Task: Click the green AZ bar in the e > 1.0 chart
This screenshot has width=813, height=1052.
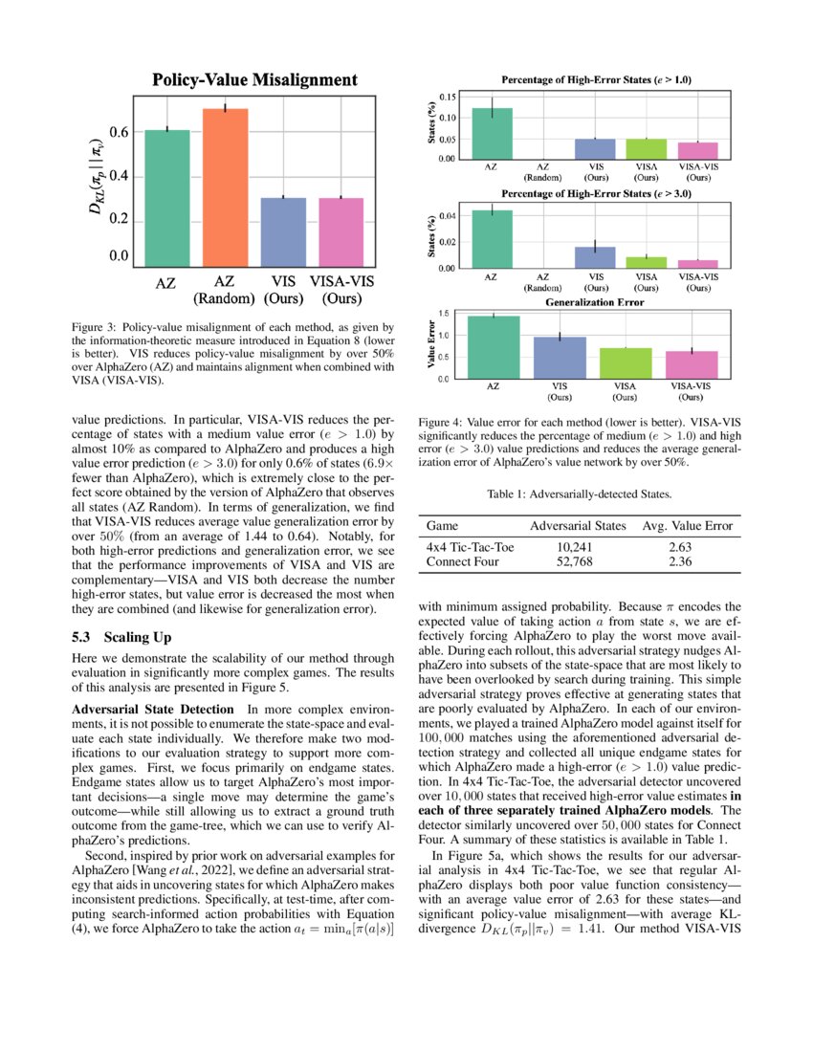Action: pos(492,134)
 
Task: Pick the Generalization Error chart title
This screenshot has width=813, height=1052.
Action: pos(595,302)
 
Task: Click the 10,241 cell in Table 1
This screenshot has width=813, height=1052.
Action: pos(578,547)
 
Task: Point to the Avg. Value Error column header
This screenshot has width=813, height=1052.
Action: pos(687,526)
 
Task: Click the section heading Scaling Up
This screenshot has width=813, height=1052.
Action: pos(122,636)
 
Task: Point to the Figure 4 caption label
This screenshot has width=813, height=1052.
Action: pos(445,422)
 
